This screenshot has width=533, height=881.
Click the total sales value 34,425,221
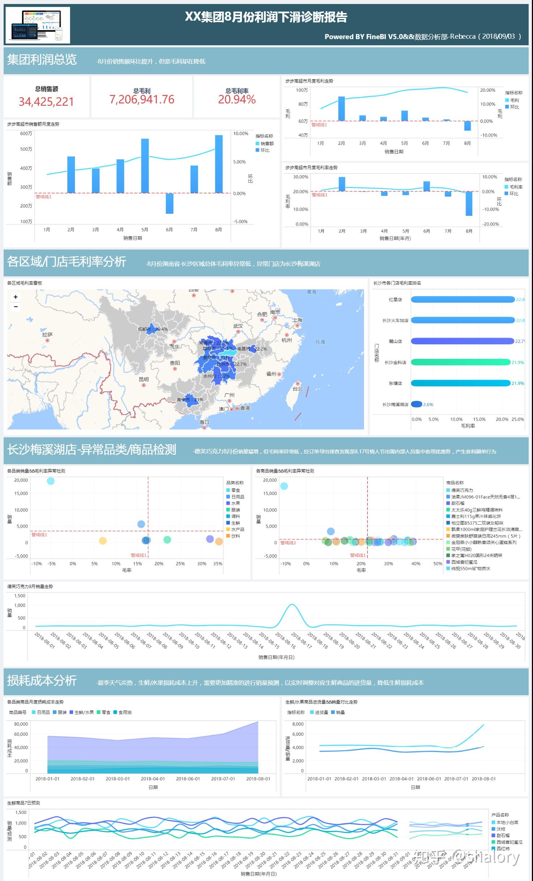tap(46, 102)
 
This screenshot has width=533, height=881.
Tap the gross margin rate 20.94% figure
tap(237, 100)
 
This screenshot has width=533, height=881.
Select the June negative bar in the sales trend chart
tap(169, 203)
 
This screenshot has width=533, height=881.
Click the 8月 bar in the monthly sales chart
tap(219, 164)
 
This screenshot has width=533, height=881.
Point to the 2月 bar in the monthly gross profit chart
tap(341, 109)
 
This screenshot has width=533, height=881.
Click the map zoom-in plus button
tap(16, 297)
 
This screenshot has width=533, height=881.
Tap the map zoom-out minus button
tap(16, 307)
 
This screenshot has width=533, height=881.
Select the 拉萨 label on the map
tap(47, 335)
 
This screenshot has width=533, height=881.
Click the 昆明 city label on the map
tap(144, 379)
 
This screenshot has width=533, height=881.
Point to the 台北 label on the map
tap(297, 389)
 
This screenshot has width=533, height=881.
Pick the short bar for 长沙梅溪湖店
tap(416, 404)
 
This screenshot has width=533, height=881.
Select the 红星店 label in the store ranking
tap(395, 300)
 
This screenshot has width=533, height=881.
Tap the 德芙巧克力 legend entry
tap(462, 490)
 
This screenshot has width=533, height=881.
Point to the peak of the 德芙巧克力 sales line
tap(292, 604)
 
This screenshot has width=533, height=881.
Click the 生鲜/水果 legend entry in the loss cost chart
tap(84, 712)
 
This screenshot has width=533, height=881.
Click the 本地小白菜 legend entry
tap(507, 822)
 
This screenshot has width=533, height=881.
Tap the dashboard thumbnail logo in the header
tap(38, 25)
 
